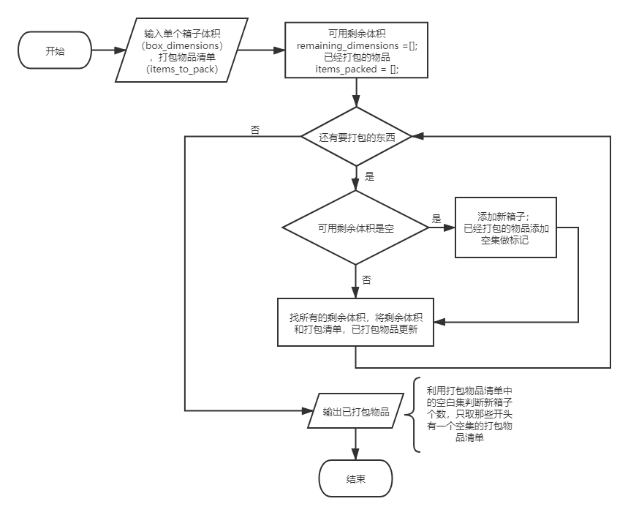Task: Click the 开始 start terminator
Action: coord(55,51)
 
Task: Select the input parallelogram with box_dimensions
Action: coord(182,50)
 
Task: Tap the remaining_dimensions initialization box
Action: coord(356,50)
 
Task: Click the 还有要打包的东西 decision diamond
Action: coord(356,137)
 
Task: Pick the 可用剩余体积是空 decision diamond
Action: coord(356,228)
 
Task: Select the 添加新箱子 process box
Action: coord(505,228)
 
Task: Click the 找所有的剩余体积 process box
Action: coord(356,323)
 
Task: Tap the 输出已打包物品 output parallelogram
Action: coord(356,412)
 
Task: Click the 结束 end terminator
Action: coord(356,479)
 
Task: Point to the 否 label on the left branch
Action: coord(255,130)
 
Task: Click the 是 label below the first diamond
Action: coord(368,177)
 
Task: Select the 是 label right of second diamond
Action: coord(437,219)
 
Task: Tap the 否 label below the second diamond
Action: coord(367,280)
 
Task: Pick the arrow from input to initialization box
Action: coord(261,50)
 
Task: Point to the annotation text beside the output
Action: coord(469,414)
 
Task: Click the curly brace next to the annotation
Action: coord(416,415)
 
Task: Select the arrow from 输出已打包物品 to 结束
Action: coord(356,445)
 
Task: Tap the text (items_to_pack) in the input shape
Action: coord(182,69)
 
